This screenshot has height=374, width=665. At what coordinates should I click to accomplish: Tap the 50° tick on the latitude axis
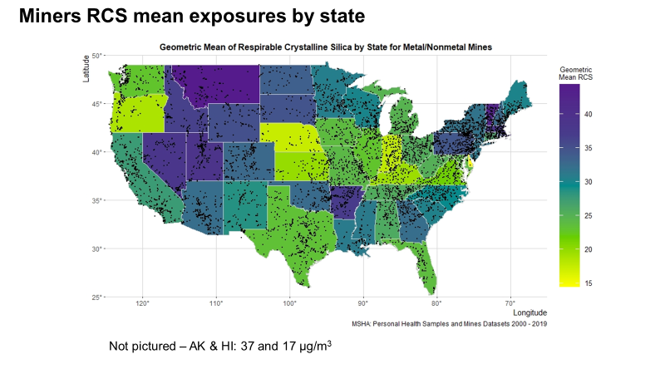pyautogui.click(x=96, y=56)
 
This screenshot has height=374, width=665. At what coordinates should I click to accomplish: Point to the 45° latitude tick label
pyautogui.click(x=96, y=104)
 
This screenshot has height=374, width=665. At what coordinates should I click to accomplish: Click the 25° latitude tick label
pyautogui.click(x=96, y=297)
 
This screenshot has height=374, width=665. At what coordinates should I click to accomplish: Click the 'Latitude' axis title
pyautogui.click(x=86, y=68)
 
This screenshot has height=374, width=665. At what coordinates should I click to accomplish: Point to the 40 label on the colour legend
pyautogui.click(x=589, y=116)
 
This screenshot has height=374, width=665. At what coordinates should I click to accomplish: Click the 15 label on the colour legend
pyautogui.click(x=589, y=283)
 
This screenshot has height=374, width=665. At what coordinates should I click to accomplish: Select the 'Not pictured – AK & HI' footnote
pyautogui.click(x=221, y=345)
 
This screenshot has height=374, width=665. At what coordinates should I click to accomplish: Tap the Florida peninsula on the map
pyautogui.click(x=427, y=266)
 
